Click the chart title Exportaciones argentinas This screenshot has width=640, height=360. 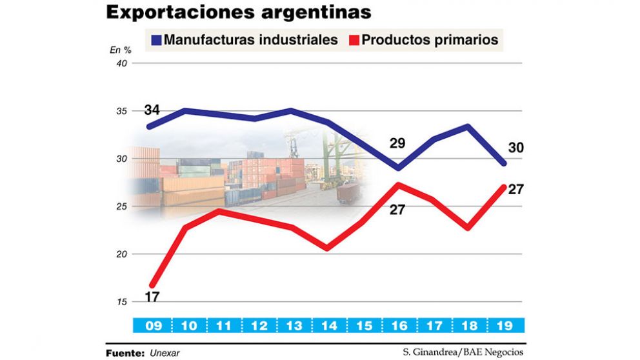(x=238, y=12)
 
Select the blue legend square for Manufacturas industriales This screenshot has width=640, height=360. (x=155, y=40)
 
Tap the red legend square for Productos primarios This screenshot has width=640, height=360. (x=352, y=40)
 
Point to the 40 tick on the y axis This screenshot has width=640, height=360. (x=121, y=63)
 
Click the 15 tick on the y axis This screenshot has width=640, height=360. (x=121, y=302)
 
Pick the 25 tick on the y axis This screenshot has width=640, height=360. (x=121, y=206)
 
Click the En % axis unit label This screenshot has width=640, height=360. (x=121, y=50)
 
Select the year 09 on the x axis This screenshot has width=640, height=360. (x=153, y=326)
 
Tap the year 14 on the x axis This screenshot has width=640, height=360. (x=329, y=326)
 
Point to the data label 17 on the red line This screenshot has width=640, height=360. (x=153, y=297)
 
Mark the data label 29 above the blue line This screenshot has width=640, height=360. (x=397, y=143)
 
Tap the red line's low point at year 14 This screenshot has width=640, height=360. (x=327, y=248)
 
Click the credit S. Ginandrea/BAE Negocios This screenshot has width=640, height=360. (x=463, y=353)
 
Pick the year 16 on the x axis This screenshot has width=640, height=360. (x=400, y=326)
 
